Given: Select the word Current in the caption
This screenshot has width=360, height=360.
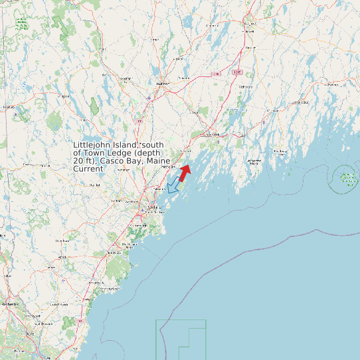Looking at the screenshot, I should (x=88, y=169).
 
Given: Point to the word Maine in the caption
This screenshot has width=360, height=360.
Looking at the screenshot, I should (x=158, y=161).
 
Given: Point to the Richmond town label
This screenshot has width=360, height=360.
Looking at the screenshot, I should (x=246, y=86).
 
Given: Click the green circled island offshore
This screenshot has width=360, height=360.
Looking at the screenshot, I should (x=347, y=178).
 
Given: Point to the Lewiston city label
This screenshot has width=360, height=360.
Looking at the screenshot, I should (x=161, y=84).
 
